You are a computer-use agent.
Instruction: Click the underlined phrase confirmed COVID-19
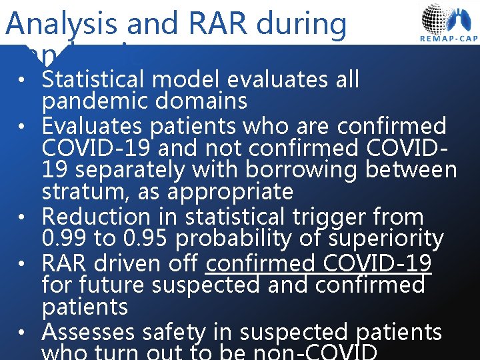coord(319,263)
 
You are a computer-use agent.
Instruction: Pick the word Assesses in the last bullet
coord(89,331)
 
